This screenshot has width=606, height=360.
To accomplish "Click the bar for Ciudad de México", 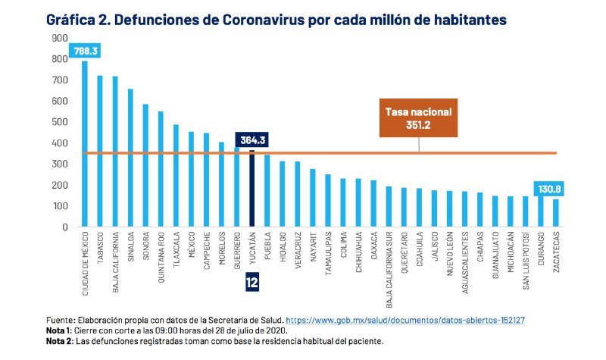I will pos(84,144).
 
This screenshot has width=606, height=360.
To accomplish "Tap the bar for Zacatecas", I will pos(557,213).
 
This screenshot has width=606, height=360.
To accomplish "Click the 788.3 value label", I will pos(85,52).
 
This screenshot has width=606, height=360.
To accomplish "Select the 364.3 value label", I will pos(252,139).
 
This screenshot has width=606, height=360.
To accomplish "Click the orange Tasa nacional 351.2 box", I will pos(417,118).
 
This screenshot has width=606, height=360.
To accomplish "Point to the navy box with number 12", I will pos(252,283).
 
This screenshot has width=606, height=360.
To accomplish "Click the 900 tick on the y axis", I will pos(59,38).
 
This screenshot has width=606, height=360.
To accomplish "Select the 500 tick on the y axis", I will pos(59,122).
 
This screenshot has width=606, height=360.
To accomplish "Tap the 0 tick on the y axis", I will pos(64,227).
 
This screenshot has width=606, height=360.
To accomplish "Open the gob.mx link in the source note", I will pos(406,321).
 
